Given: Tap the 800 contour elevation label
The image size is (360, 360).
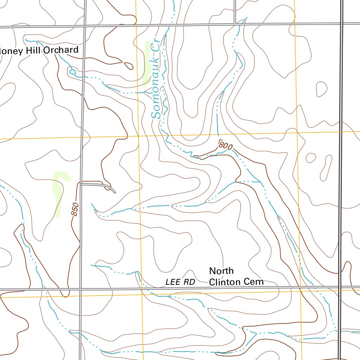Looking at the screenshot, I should coord(225,145).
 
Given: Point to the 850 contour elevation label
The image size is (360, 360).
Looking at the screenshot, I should coord(75,210).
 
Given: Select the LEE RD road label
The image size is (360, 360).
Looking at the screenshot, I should coord(180,282).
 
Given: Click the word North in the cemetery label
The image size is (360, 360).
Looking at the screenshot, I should coord(221,271).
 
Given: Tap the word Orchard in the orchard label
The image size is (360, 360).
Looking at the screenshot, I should coord(61,50).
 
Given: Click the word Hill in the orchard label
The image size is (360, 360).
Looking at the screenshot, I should coord(33,51).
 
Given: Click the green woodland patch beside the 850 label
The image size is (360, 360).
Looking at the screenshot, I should coord(58,192).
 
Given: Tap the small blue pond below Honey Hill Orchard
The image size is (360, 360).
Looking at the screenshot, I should coord(73,72).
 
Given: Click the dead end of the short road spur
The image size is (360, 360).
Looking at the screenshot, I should coord(115,192).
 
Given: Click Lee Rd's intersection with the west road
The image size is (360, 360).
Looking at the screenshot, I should coord(81,289).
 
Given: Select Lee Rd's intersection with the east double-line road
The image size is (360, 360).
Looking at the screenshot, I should coord(340,288).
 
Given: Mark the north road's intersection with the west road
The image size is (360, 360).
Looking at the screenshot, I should coord(85,26).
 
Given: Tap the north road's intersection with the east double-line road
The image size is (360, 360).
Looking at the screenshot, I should coord(341,24).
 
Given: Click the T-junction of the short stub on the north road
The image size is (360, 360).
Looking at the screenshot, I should coord(234,24).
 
